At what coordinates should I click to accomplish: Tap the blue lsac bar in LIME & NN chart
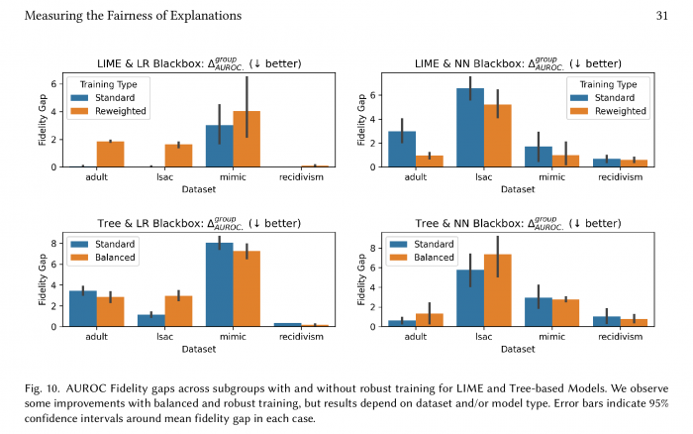(470, 128)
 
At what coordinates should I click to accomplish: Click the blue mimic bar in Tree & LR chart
(218, 284)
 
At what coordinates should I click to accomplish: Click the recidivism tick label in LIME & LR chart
(301, 177)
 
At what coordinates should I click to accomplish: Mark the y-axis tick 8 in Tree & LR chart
(55, 242)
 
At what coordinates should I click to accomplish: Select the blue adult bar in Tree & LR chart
(83, 308)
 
